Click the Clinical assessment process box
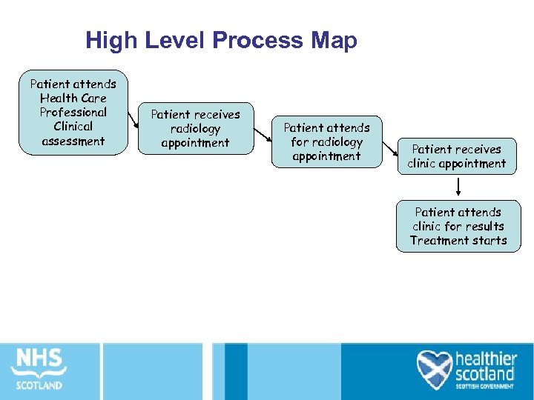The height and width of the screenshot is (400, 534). pos(73,113)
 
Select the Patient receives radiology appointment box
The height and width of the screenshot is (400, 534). pos(195,128)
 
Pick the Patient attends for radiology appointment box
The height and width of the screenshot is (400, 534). pos(326,141)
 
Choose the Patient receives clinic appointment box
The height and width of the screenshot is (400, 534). pos(457,156)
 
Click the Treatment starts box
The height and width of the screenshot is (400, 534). pos(458,226)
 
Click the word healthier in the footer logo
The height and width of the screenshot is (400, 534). pos(486,357)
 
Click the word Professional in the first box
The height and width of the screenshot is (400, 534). pos(73,113)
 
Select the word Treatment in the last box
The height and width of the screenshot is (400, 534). pos(435,241)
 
